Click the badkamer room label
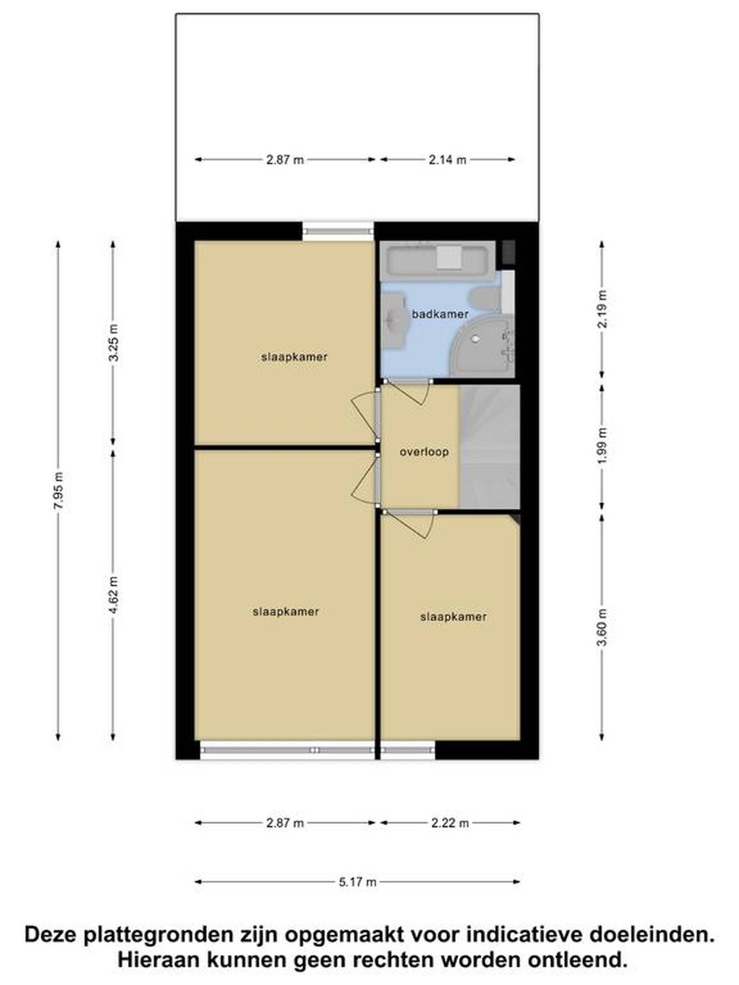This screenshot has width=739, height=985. click(x=440, y=314)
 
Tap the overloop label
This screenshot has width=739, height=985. click(x=424, y=452)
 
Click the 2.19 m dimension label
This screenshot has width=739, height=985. click(x=602, y=309)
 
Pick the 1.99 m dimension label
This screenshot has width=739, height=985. click(x=602, y=445)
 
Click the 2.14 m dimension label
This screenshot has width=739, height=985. click(x=447, y=159)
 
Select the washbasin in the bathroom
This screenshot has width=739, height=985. click(x=393, y=319)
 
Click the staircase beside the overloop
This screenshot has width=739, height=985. click(x=489, y=446)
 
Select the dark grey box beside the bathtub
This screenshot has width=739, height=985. click(x=508, y=252)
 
